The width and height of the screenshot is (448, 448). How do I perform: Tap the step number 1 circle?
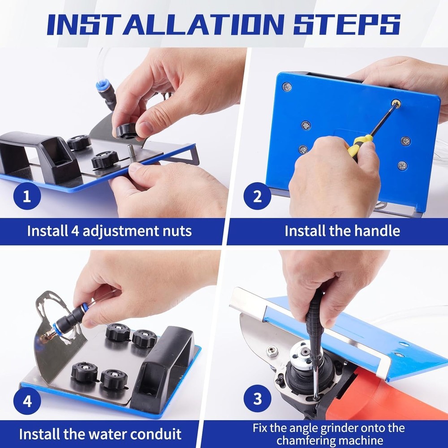(26, 196)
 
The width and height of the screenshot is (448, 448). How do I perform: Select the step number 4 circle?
(26, 401)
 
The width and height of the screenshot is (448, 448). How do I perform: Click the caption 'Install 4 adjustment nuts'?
(109, 231)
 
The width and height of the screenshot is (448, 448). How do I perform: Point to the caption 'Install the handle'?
(342, 231)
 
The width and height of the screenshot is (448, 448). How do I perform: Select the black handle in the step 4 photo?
(164, 358)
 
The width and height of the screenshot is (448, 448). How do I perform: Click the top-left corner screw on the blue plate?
(287, 86)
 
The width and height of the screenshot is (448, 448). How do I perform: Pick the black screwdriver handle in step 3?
(315, 314)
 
